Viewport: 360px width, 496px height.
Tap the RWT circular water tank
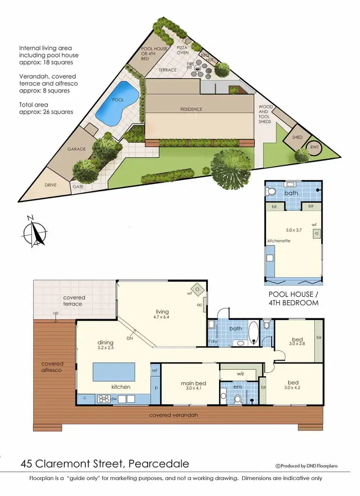tap(315, 147)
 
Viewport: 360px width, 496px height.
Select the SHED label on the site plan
tap(297, 137)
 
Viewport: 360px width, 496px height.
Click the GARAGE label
tap(76, 149)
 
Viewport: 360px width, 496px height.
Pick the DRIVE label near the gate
tap(51, 185)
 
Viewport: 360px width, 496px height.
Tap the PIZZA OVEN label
tap(183, 50)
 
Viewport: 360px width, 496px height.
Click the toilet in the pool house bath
tap(272, 192)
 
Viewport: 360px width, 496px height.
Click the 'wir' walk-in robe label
tap(241, 373)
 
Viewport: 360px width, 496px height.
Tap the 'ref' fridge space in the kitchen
tap(155, 371)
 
